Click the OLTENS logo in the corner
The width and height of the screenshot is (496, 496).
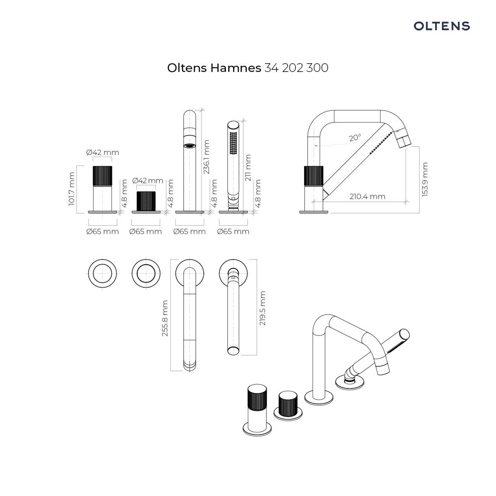tap(441, 26)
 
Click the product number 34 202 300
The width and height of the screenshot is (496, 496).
tap(296, 68)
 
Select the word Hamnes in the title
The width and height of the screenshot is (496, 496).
tap(236, 68)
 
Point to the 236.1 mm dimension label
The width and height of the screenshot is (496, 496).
tap(206, 157)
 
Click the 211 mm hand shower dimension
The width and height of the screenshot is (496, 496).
tap(248, 167)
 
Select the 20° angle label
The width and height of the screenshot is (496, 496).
tap(355, 138)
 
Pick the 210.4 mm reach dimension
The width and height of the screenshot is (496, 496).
tap(367, 196)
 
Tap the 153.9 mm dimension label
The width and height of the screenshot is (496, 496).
tap(425, 179)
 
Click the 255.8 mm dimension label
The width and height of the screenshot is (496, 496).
tap(165, 318)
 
